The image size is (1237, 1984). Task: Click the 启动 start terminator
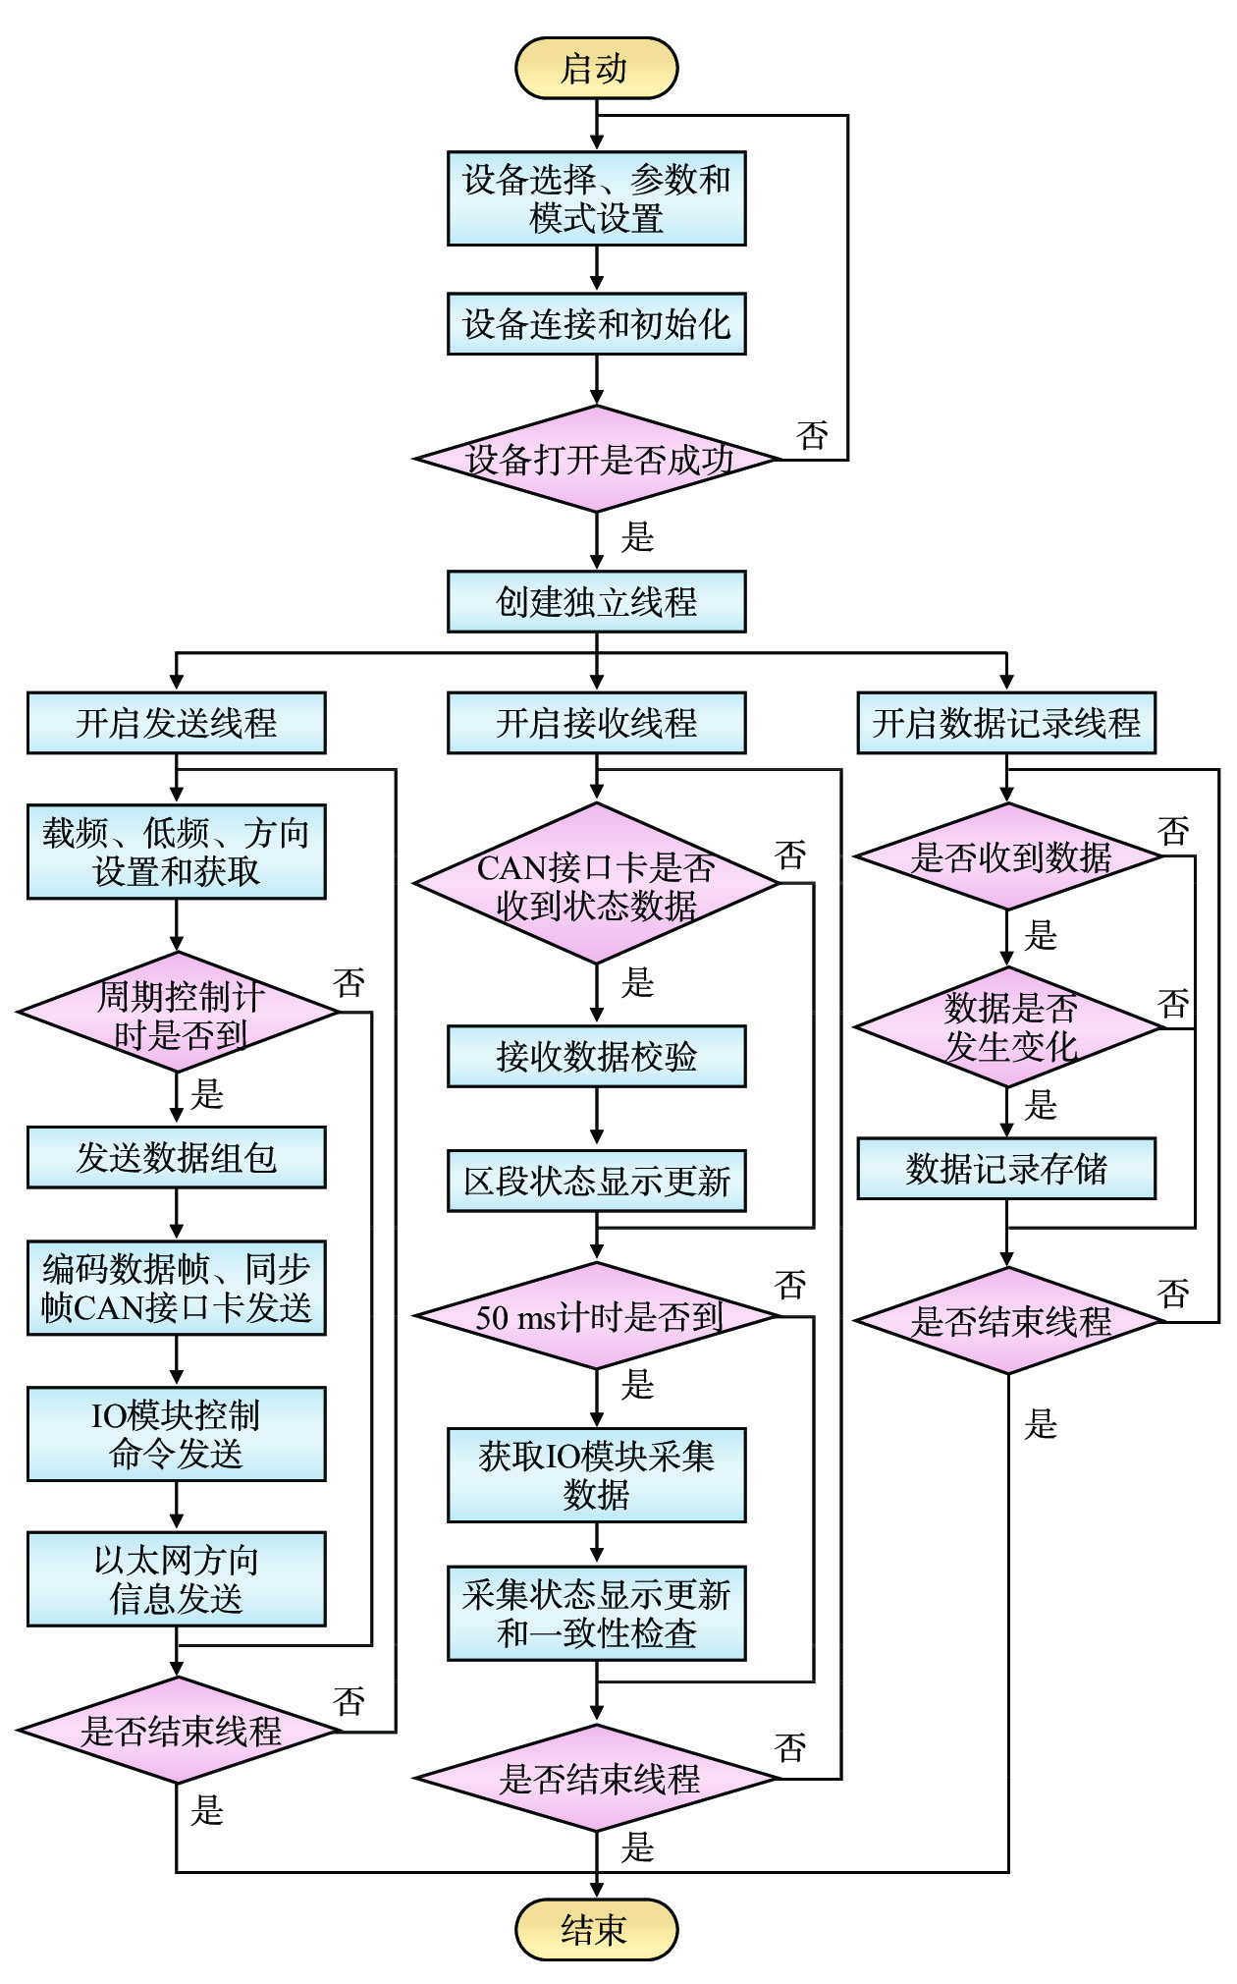(x=596, y=68)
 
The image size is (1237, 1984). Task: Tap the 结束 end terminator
(x=596, y=1929)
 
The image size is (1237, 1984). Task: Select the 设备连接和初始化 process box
(x=596, y=323)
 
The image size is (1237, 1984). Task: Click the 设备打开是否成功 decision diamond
(x=596, y=459)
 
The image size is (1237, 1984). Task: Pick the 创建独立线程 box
(x=596, y=601)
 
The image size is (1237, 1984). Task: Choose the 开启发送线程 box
(x=176, y=723)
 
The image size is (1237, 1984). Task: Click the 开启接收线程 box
(x=596, y=723)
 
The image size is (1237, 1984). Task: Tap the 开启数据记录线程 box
(x=1006, y=723)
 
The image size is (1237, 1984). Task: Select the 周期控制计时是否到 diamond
(x=178, y=1013)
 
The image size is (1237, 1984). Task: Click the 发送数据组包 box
(x=176, y=1157)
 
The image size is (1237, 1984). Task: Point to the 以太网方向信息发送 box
(x=176, y=1578)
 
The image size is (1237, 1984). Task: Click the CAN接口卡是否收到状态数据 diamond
(x=596, y=883)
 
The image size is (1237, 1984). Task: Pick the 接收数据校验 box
(x=596, y=1056)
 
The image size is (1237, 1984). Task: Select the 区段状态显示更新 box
(x=596, y=1181)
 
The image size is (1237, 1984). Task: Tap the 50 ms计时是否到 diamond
(x=596, y=1316)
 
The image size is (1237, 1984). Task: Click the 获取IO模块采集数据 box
(x=596, y=1475)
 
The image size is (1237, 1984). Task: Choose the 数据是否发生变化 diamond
(x=1008, y=1027)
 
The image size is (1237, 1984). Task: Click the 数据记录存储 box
(x=1006, y=1169)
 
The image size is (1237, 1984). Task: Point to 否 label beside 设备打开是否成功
(x=812, y=435)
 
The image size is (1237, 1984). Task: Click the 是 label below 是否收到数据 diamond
(x=1041, y=935)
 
